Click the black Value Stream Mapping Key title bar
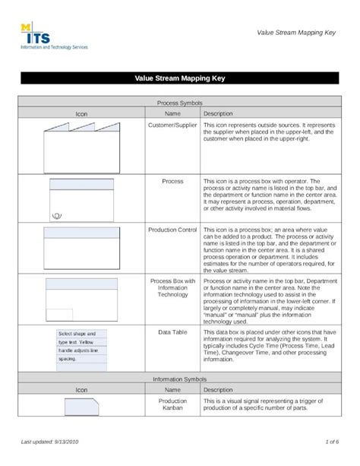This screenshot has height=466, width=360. coord(179,78)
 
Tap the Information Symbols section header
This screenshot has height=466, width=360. coord(179,378)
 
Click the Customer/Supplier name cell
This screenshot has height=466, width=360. coord(172,124)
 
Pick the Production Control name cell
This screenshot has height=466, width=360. coord(172,230)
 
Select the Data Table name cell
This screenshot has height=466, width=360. coord(172,332)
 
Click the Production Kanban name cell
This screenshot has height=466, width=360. coord(172,405)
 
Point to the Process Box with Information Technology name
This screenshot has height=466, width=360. coord(172,287)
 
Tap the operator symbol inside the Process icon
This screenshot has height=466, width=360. coord(56,215)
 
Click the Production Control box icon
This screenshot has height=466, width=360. coord(81,246)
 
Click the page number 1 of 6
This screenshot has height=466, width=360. coord(331,442)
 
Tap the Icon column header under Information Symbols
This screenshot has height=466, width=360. coord(81,389)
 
